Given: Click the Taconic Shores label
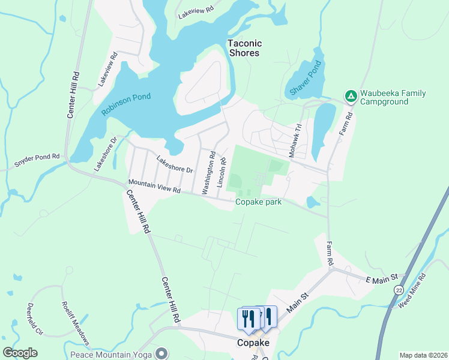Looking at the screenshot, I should tap(244, 48).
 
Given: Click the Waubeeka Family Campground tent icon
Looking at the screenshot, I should tap(350, 96).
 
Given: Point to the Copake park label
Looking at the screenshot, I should tap(258, 202).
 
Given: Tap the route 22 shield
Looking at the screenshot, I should tap(398, 289).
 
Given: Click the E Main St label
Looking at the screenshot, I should tap(382, 278).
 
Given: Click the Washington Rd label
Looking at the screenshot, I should tap(208, 172).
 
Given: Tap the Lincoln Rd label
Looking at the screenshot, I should tap(223, 170).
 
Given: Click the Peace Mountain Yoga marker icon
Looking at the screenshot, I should tap(161, 353).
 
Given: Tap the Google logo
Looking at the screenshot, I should tap(20, 353).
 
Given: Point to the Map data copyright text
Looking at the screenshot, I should tap(423, 355).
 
